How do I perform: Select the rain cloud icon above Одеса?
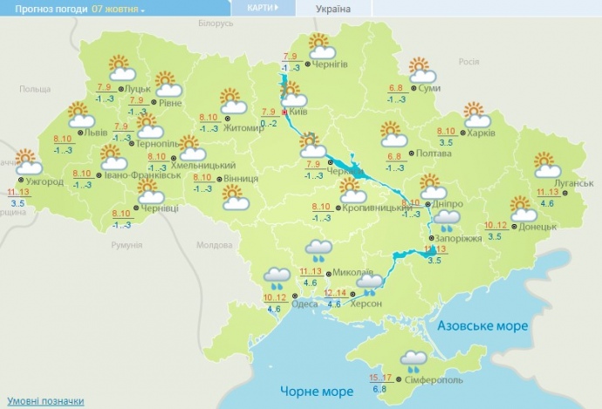279,278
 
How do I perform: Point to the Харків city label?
481,133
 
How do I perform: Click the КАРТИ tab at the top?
263,9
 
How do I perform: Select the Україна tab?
332,9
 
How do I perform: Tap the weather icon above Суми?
421,68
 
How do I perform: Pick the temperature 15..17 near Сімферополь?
380,377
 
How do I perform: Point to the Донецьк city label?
537,226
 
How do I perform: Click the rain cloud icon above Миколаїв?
318,250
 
